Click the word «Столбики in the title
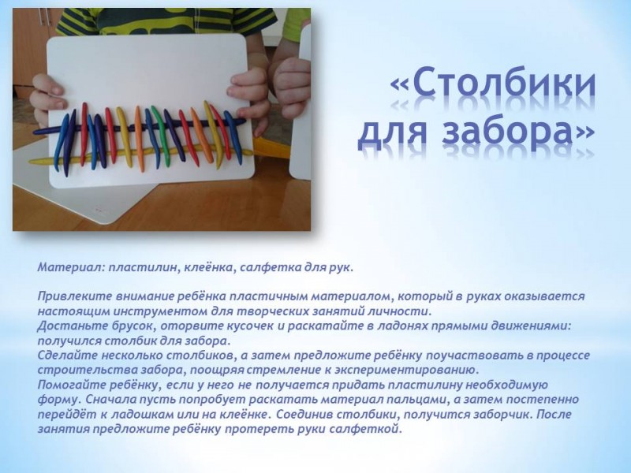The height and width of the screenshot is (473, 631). (493, 86)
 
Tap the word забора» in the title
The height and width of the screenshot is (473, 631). (518, 132)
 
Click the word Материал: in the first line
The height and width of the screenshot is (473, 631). (70, 267)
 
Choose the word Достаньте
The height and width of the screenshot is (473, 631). (66, 326)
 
